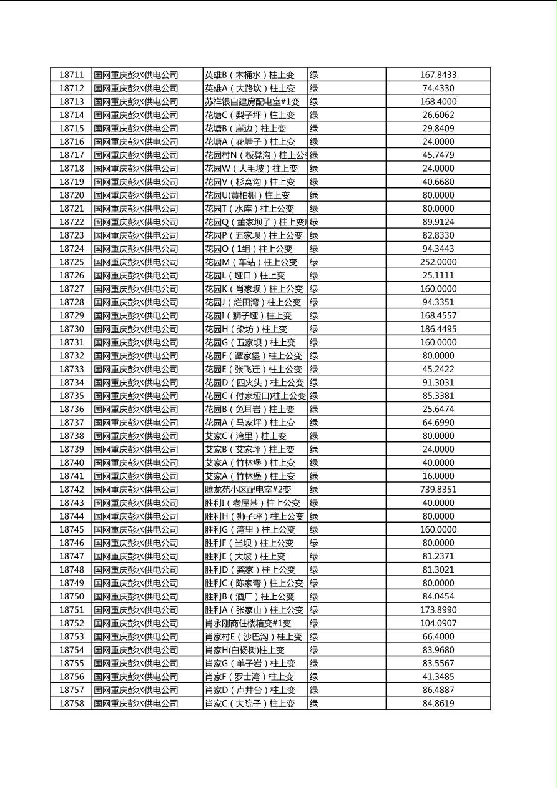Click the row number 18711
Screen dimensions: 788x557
click(71, 75)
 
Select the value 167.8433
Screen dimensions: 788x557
click(438, 75)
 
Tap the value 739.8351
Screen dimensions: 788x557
click(438, 490)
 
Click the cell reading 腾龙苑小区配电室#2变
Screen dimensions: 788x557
click(248, 490)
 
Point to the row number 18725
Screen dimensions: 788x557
click(71, 262)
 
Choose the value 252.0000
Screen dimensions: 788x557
click(438, 262)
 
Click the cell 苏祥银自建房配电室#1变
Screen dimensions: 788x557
click(252, 102)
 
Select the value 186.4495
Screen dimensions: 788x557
click(438, 329)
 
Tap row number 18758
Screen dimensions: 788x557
click(71, 704)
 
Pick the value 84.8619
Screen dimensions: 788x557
click(438, 704)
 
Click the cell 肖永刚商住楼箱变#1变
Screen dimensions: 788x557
click(248, 623)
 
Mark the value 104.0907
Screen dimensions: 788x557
click(438, 623)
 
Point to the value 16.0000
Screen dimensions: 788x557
click(438, 476)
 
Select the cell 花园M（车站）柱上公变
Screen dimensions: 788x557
click(251, 262)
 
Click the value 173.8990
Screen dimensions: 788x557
click(438, 610)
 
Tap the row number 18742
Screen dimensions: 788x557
click(71, 490)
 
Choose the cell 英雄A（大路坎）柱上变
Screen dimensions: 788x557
click(250, 89)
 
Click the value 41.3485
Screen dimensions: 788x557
click(438, 677)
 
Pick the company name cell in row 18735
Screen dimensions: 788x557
click(136, 396)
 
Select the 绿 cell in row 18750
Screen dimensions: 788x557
click(314, 596)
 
